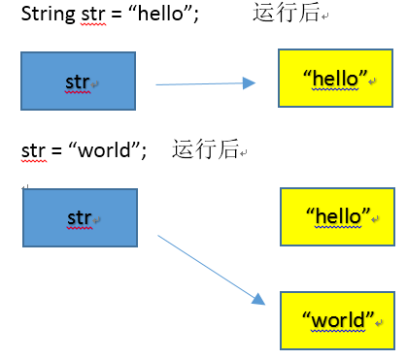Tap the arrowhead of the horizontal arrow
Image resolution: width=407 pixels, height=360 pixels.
pos(249,83)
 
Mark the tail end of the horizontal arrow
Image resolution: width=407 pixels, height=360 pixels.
pos(157,85)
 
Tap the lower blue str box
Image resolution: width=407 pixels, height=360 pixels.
pos(79,219)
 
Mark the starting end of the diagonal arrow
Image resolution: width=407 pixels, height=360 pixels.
pos(159,235)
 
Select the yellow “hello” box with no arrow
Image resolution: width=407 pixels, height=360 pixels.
pos(337,215)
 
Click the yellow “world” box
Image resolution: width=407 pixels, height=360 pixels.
pos(337,319)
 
